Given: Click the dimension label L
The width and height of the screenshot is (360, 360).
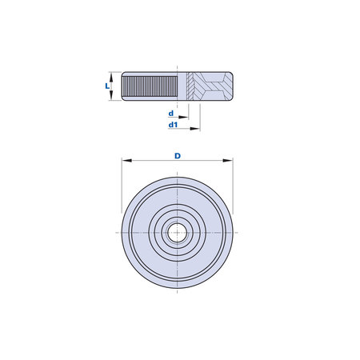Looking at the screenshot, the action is tap(107, 86).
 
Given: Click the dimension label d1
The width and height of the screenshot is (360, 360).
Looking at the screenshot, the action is tap(173, 125).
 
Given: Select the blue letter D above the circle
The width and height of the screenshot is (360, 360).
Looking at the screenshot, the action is tap(178, 156).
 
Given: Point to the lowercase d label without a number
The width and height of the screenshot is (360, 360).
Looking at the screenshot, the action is tap(171, 114).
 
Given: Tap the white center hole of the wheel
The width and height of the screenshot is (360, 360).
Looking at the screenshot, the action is tap(177, 233).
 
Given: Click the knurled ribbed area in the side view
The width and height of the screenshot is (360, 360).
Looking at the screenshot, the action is tap(150, 86).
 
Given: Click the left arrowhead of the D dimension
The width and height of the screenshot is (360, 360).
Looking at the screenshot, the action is tap(126, 161).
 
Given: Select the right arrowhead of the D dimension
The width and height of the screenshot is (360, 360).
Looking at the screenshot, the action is tap(228, 161).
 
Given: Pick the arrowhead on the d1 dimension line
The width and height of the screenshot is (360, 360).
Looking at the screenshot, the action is tap(195, 129).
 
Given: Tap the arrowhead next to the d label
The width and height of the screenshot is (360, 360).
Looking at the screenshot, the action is tap(183, 117).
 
